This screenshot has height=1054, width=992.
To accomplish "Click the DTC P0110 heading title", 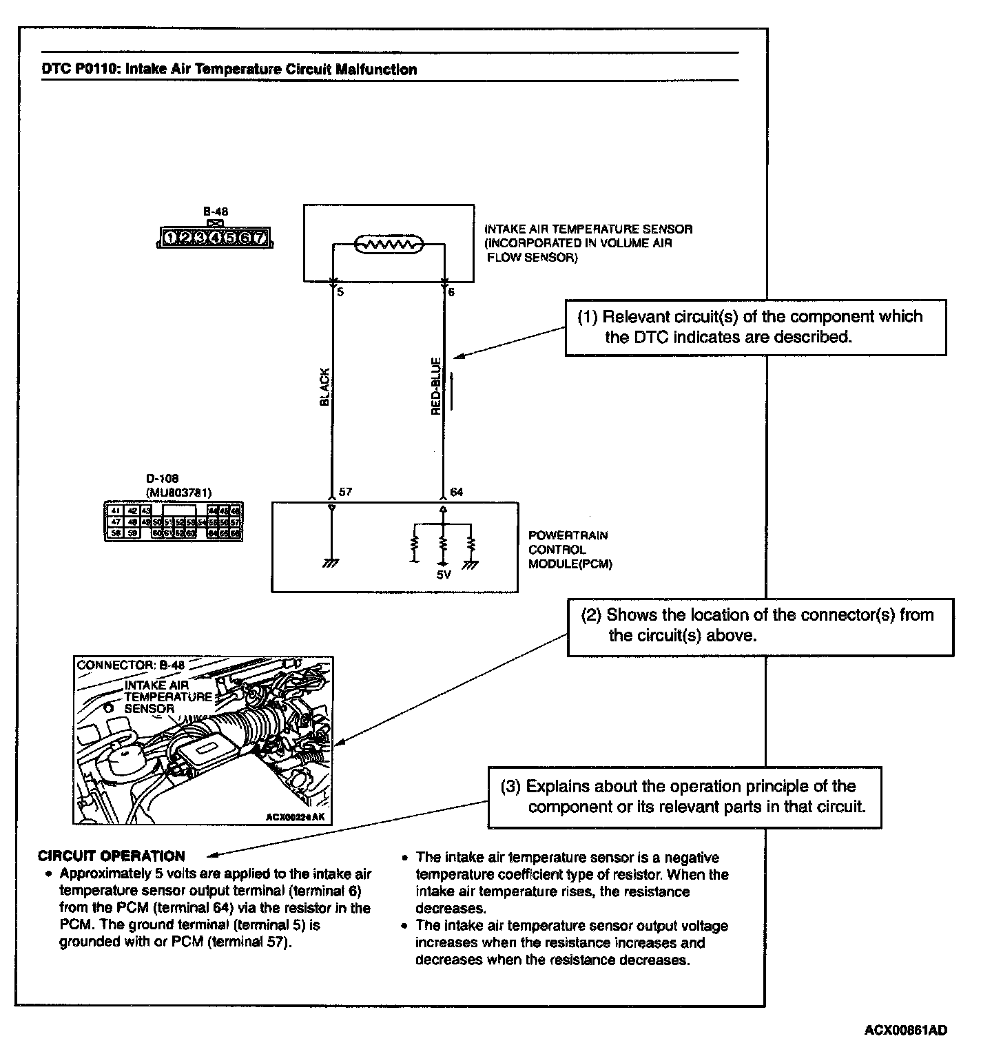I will pos(229,70).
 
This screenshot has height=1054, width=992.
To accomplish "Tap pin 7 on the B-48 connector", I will pos(260,238).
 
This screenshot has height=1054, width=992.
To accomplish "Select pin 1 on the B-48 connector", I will pos(170,238).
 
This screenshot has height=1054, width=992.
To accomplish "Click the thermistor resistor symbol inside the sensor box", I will pos(389,244).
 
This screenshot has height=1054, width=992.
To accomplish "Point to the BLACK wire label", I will pos(325,386).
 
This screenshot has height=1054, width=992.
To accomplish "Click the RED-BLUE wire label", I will pos(436,386).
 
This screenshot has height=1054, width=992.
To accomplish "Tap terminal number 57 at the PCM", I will pos(344,493).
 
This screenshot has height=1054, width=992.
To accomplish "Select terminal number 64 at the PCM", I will pos(456,493).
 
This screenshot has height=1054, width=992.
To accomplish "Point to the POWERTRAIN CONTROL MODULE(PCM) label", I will pos(569,550).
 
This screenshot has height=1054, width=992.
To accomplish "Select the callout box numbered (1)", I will pos(755,327).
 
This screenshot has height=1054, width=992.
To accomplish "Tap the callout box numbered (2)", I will pos(760,626).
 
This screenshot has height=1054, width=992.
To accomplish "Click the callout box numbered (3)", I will pos(685,796).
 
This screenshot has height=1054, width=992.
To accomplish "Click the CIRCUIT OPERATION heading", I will pos(112,856).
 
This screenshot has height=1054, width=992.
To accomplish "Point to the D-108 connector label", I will pos(163,479).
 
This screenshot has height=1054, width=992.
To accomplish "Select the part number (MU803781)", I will pos(178,493).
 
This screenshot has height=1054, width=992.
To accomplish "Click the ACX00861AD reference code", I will pos(905,1031).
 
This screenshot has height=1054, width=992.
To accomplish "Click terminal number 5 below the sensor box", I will pos(340,292).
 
